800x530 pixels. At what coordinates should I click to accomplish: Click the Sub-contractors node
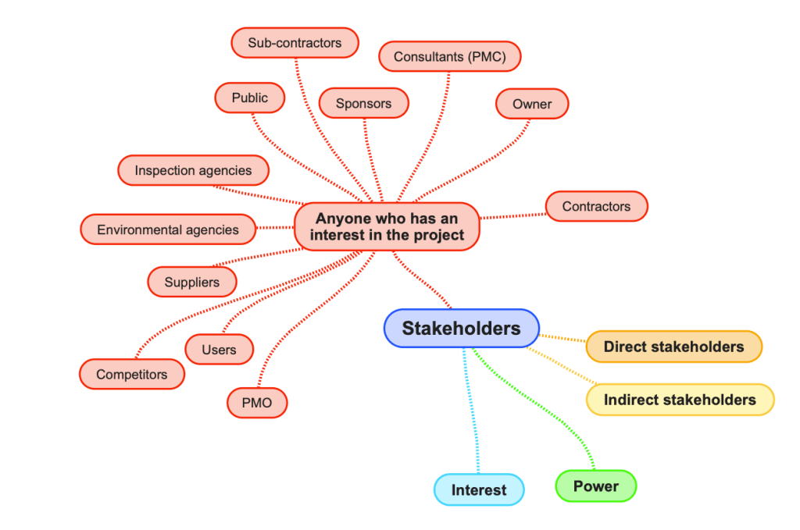pyautogui.click(x=295, y=43)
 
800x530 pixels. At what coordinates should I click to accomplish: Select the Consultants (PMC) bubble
pyautogui.click(x=449, y=57)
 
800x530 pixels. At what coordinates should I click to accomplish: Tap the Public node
pyautogui.click(x=249, y=98)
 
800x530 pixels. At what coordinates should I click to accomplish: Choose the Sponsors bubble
pyautogui.click(x=363, y=103)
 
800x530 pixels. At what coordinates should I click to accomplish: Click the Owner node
pyautogui.click(x=532, y=104)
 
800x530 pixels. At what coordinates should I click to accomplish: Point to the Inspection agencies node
pyautogui.click(x=193, y=170)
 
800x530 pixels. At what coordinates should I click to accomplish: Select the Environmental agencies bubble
pyautogui.click(x=168, y=229)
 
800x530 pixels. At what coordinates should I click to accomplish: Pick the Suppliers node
pyautogui.click(x=191, y=282)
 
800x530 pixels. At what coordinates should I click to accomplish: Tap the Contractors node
pyautogui.click(x=596, y=206)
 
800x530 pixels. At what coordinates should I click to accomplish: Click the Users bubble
pyautogui.click(x=219, y=350)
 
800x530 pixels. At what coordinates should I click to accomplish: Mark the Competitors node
pyautogui.click(x=131, y=375)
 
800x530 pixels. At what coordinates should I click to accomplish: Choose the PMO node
pyautogui.click(x=257, y=403)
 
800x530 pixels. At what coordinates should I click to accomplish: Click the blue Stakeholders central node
pyautogui.click(x=461, y=329)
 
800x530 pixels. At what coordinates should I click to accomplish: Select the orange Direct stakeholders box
pyautogui.click(x=673, y=347)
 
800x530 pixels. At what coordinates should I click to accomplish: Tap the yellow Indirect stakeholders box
pyautogui.click(x=680, y=400)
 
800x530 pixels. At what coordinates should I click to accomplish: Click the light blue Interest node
pyautogui.click(x=478, y=490)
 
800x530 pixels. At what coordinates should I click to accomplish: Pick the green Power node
pyautogui.click(x=595, y=486)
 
